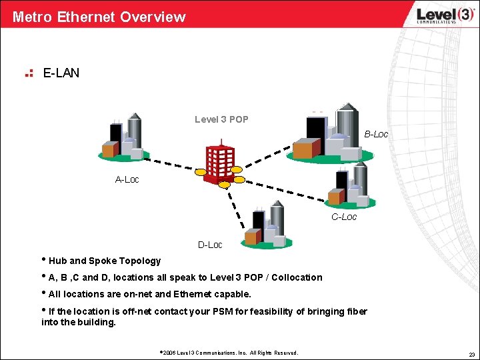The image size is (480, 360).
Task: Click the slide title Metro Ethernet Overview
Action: pyautogui.click(x=99, y=17)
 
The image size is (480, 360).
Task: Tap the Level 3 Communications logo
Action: pyautogui.click(x=437, y=15)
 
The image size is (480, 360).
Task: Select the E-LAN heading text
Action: pyautogui.click(x=61, y=73)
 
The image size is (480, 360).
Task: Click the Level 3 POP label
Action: pyautogui.click(x=221, y=119)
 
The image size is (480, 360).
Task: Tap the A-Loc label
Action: pyautogui.click(x=127, y=179)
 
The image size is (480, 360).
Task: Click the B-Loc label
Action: pyautogui.click(x=376, y=134)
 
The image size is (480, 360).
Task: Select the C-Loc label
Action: pyautogui.click(x=344, y=217)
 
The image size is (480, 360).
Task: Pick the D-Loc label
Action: pyautogui.click(x=210, y=245)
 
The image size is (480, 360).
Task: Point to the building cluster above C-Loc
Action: pyautogui.click(x=348, y=186)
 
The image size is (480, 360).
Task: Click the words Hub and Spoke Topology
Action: pyautogui.click(x=105, y=261)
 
